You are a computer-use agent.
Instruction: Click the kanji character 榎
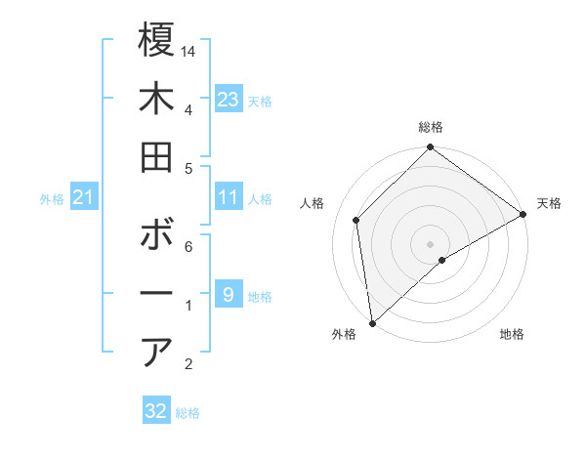(156, 41)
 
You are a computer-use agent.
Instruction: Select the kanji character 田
(156, 158)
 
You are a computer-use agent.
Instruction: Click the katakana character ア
(156, 353)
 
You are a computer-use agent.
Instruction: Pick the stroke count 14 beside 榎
(189, 51)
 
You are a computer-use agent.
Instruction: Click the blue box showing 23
(229, 100)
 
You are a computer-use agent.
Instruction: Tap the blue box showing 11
(229, 198)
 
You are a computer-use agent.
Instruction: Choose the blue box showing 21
(84, 198)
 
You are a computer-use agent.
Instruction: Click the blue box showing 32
(156, 411)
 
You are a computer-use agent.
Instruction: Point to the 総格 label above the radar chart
(431, 127)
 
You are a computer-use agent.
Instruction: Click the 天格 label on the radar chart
(549, 203)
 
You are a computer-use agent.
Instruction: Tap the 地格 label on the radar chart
(512, 334)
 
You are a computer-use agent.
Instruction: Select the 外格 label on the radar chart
(344, 334)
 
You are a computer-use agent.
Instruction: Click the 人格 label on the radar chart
(313, 203)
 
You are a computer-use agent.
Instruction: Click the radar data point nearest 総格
(430, 148)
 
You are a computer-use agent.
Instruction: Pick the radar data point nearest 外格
(372, 322)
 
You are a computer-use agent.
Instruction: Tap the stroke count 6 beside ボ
(188, 247)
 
